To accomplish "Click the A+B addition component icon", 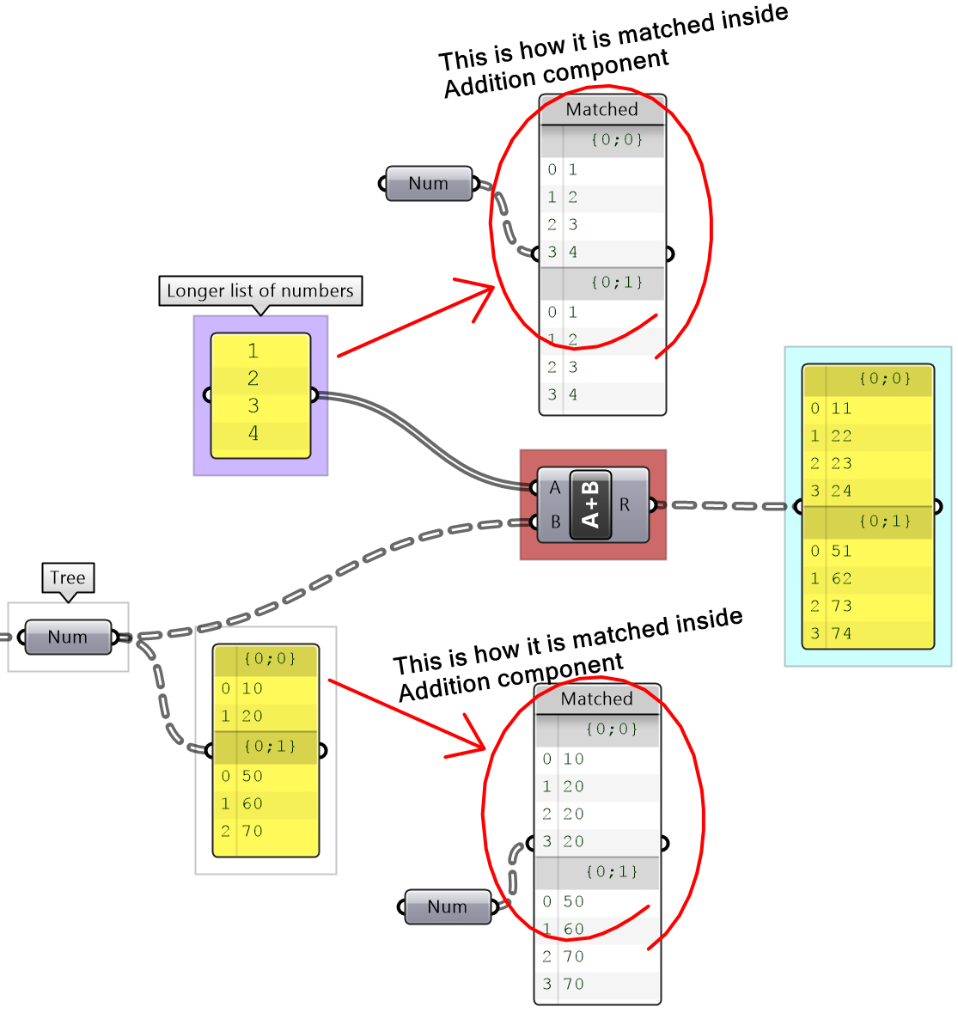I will (590, 505).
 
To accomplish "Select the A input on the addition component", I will (554, 488).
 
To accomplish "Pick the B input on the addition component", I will (555, 522).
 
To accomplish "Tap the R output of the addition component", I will (625, 505).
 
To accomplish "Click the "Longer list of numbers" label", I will (259, 291).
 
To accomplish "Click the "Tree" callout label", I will (68, 578).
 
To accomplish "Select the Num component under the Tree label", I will (68, 638).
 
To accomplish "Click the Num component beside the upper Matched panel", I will (429, 184).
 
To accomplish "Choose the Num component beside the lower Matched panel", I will (447, 907).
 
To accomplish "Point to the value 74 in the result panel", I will (841, 634).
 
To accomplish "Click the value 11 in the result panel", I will (841, 409).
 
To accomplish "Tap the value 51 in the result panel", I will (841, 552).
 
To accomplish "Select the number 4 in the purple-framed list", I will (253, 434).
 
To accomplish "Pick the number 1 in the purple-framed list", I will (253, 351).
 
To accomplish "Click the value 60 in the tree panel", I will (252, 804).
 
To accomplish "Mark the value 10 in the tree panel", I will (252, 689).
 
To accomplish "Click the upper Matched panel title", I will (602, 110).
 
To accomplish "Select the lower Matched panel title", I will (597, 699).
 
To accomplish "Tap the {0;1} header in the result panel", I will (884, 522).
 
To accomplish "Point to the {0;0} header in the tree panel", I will (270, 659).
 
